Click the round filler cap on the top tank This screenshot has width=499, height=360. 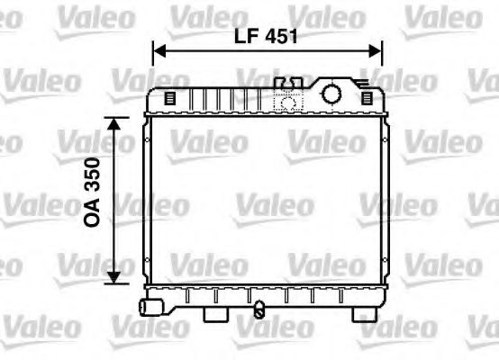[x=331, y=94]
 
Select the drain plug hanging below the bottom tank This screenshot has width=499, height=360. [x=259, y=312]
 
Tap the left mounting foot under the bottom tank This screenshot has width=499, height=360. [x=215, y=314]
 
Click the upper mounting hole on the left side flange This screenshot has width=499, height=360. [x=147, y=140]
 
